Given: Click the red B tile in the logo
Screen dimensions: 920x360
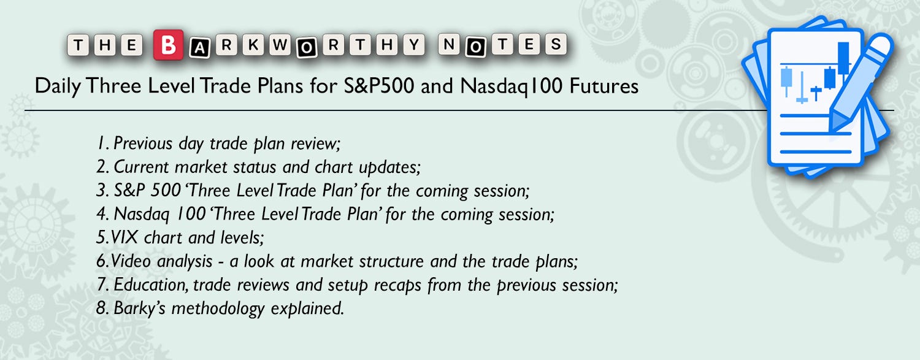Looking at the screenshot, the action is [169, 45].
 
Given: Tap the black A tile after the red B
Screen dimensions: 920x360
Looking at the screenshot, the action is [199, 48].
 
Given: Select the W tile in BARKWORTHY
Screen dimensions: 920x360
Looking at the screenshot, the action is [280, 44].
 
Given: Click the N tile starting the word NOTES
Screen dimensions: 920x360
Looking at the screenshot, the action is [449, 44].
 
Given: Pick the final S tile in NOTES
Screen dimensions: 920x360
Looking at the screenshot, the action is [556, 44].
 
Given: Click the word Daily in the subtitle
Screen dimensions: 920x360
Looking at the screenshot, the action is [58, 86].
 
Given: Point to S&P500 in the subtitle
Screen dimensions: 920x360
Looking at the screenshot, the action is [378, 86].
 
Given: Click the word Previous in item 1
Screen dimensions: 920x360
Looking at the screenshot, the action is [143, 144].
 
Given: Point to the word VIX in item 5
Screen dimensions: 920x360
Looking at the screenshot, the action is [124, 238].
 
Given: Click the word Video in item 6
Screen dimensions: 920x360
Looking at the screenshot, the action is [131, 261].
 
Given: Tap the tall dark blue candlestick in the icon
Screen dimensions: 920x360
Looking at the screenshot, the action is [843, 58].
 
